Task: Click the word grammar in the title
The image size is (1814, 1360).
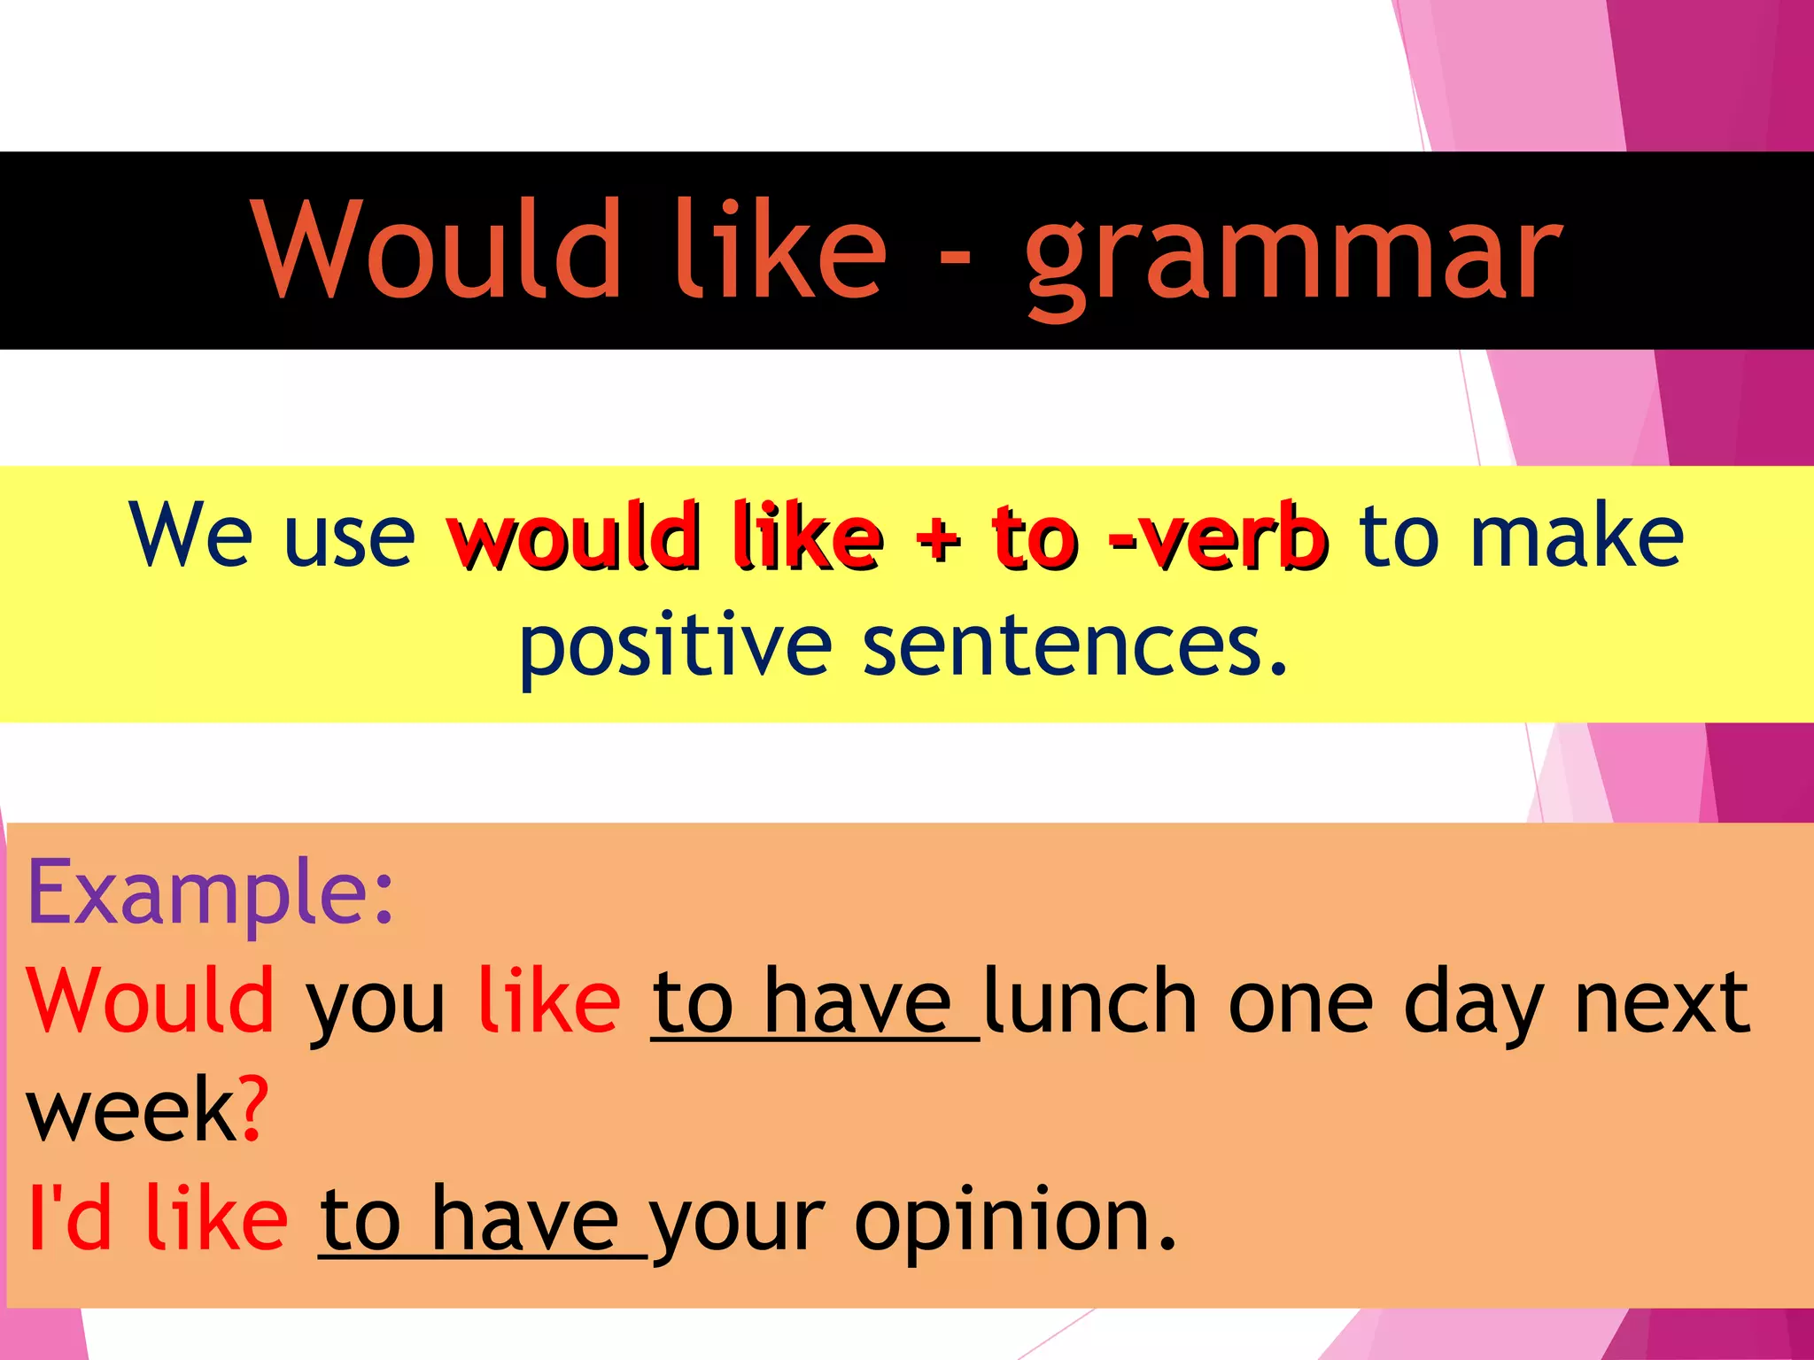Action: click(x=1293, y=257)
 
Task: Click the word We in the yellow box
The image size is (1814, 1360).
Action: click(x=190, y=535)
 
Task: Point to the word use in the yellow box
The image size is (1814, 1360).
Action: click(x=349, y=540)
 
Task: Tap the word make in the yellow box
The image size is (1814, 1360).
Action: click(x=1576, y=535)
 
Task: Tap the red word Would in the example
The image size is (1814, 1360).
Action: click(x=151, y=1001)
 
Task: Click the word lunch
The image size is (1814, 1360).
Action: click(x=1090, y=1001)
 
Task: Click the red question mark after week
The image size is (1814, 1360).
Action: click(x=253, y=1110)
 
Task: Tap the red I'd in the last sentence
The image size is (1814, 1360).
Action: click(x=71, y=1218)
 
